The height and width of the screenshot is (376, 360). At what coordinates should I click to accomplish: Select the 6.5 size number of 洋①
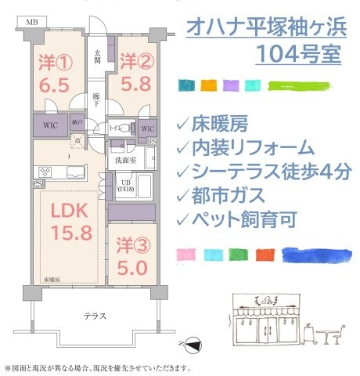[x=55, y=85]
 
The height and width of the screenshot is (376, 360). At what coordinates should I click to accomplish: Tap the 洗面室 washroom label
[x=128, y=161]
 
